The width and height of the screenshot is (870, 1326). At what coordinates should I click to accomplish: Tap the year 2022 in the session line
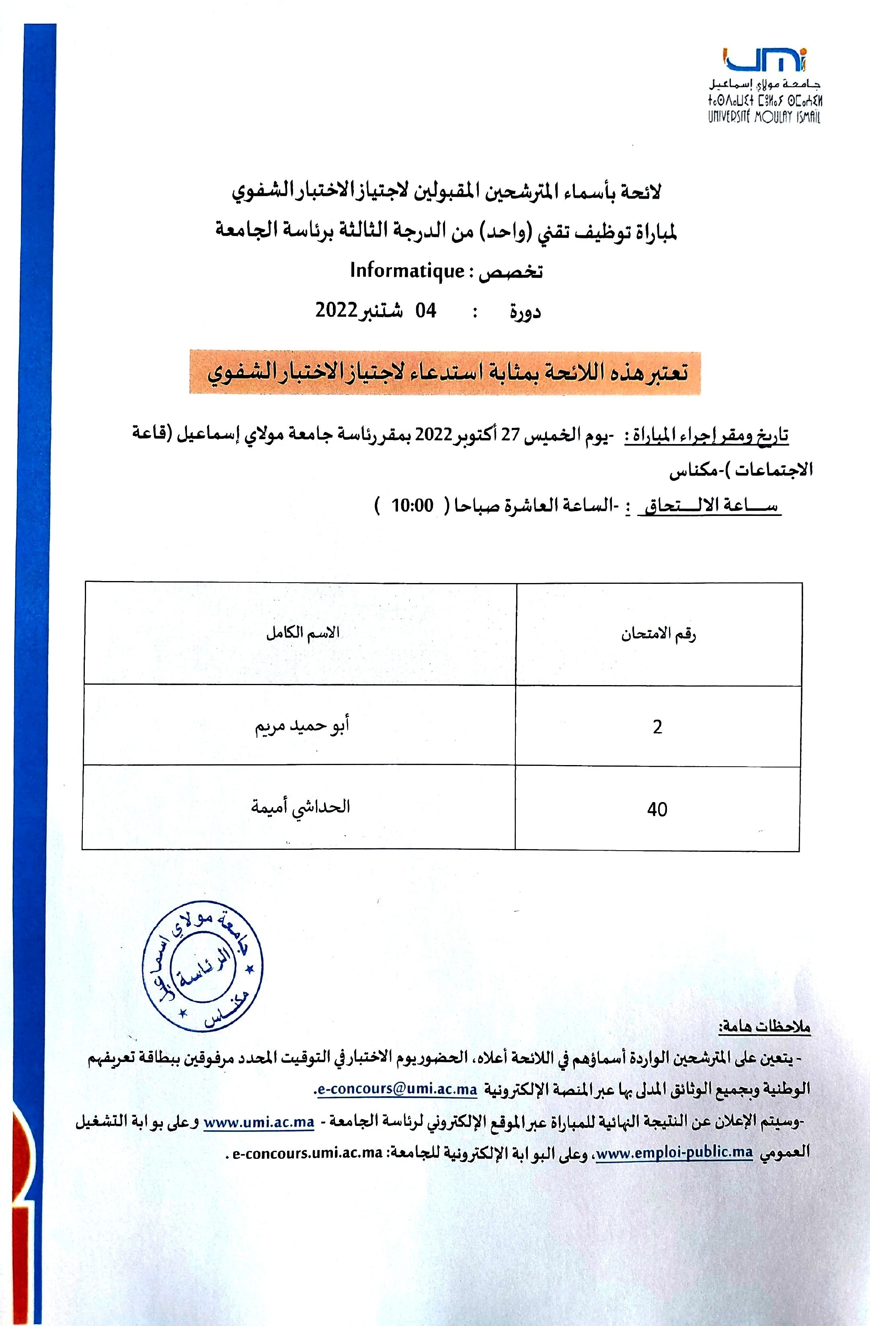pos(336,310)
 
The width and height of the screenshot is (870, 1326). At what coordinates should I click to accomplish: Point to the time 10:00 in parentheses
pos(412,506)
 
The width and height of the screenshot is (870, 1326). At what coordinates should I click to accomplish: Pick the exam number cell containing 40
pos(657,809)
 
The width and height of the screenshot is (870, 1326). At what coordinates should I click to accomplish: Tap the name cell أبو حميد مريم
pos(302,727)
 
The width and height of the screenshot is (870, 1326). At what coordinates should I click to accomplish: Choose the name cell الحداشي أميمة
pos(300,807)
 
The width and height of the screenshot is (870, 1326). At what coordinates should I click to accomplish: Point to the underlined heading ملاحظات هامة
pos(764,1026)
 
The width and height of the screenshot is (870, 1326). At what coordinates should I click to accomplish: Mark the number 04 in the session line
pos(426,310)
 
